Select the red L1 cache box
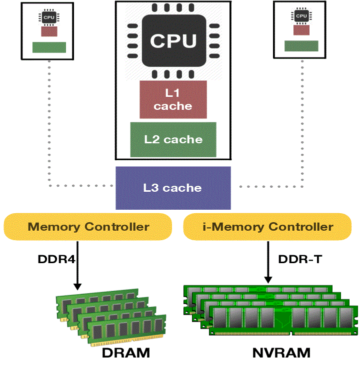point(173,99)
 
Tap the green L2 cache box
point(173,139)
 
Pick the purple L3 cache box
point(173,188)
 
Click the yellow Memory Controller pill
point(88,227)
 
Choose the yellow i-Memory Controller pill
point(267,227)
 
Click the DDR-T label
point(296,260)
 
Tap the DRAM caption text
point(126,353)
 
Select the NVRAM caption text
point(281,353)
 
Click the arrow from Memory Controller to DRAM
point(77,265)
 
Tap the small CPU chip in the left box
point(48,17)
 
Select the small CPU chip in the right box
point(301,16)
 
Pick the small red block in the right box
point(301,30)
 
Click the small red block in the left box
point(48,32)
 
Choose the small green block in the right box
point(301,46)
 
